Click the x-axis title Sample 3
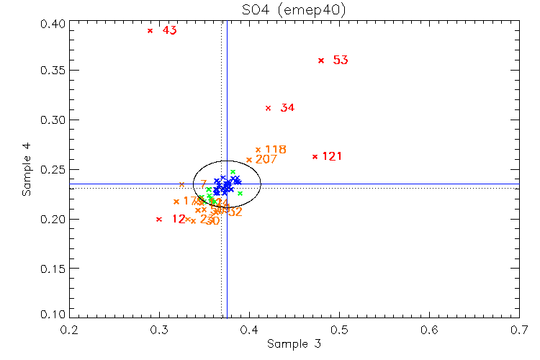[294, 344]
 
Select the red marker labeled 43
[150, 30]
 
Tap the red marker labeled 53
[321, 60]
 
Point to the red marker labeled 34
[268, 108]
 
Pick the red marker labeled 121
[315, 156]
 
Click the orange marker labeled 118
[258, 150]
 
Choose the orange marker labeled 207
[249, 160]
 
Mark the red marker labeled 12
[159, 219]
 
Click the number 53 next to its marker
[341, 60]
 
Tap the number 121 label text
[332, 157]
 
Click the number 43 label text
[169, 31]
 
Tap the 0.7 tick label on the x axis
[520, 330]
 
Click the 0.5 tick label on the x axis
[339, 330]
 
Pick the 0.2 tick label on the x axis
[69, 330]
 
